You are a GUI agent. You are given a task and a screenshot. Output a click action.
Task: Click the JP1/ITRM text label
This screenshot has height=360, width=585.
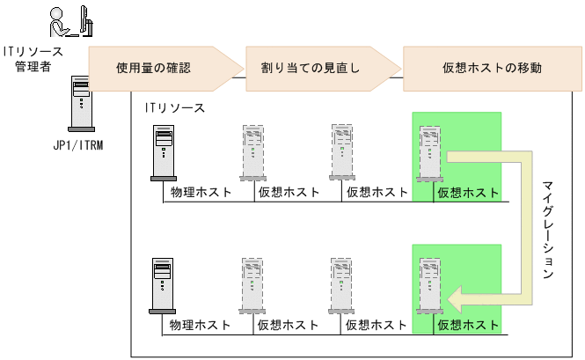point(78,145)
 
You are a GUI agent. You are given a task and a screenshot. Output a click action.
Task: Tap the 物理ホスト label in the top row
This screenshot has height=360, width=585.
point(201,192)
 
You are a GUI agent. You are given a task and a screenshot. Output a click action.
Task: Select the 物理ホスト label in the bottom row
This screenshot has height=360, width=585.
point(201,325)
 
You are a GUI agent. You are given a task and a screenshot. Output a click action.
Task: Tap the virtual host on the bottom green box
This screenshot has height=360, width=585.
point(431,286)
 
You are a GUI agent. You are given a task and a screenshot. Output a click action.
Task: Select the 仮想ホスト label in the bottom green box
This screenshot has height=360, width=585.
point(467,325)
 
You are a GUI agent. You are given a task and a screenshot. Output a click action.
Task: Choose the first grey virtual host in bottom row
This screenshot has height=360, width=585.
point(252,286)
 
